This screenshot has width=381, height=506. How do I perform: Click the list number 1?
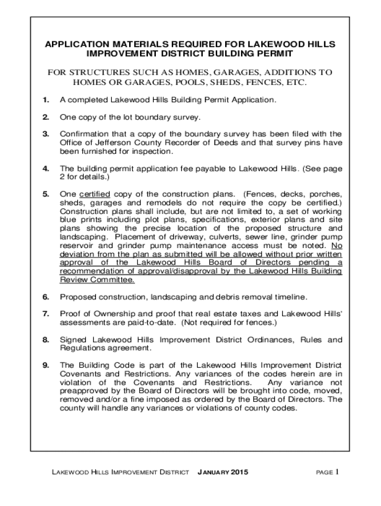pos(45,100)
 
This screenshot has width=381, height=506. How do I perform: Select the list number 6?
pos(45,297)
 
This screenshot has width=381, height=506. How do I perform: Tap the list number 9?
pos(45,365)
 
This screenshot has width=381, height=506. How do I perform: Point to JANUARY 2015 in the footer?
pos(223,472)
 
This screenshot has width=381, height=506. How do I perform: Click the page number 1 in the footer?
pos(336,471)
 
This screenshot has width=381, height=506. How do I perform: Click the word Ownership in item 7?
pos(109,314)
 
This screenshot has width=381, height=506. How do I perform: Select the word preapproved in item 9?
pos(84,391)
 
